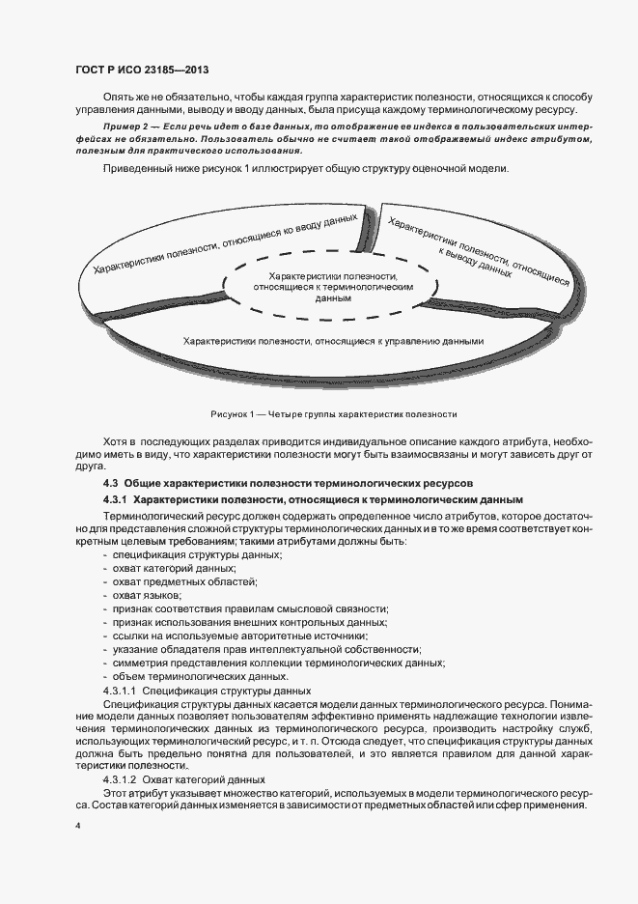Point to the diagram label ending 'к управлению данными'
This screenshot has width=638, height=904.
pos(332,341)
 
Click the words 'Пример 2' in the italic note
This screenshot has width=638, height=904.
pos(126,127)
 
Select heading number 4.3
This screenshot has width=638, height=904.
pos(110,482)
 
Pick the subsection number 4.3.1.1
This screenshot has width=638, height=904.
pos(121,691)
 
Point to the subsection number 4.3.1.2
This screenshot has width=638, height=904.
pos(121,778)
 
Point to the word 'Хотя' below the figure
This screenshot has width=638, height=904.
pos(115,439)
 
